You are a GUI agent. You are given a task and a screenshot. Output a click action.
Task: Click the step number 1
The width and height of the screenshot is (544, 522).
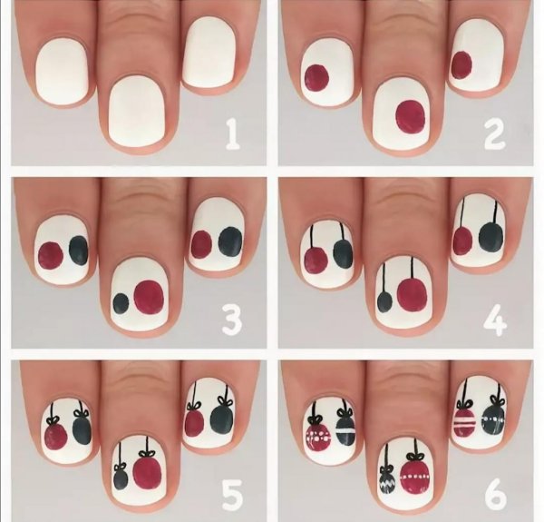pyautogui.click(x=233, y=134)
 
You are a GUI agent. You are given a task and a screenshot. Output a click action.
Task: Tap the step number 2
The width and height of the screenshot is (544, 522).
pyautogui.click(x=494, y=134)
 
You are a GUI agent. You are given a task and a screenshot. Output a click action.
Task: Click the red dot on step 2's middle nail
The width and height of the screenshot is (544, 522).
pyautogui.click(x=411, y=117)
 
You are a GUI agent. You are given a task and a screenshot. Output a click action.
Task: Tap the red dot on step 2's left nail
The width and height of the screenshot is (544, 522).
pyautogui.click(x=316, y=78)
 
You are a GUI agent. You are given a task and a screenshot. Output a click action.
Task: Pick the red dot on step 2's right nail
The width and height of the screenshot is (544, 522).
pyautogui.click(x=461, y=65)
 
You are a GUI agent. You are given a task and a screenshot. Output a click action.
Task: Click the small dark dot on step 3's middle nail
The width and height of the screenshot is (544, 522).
pyautogui.click(x=121, y=303)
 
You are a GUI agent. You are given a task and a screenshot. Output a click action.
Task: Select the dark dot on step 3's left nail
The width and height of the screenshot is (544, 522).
pyautogui.click(x=79, y=251)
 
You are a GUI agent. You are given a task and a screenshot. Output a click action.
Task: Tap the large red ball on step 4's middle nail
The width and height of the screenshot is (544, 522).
pyautogui.click(x=412, y=295)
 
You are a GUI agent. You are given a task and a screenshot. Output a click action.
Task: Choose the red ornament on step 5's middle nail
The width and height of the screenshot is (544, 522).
pyautogui.click(x=147, y=473)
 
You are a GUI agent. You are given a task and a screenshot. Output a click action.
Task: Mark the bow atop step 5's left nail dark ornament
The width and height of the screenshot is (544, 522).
pyautogui.click(x=82, y=413)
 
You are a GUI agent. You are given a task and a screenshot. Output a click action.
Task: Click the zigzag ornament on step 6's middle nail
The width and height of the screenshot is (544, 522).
pyautogui.click(x=387, y=479)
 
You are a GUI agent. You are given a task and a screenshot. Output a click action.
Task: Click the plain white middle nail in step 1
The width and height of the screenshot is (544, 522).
pyautogui.click(x=137, y=111)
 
